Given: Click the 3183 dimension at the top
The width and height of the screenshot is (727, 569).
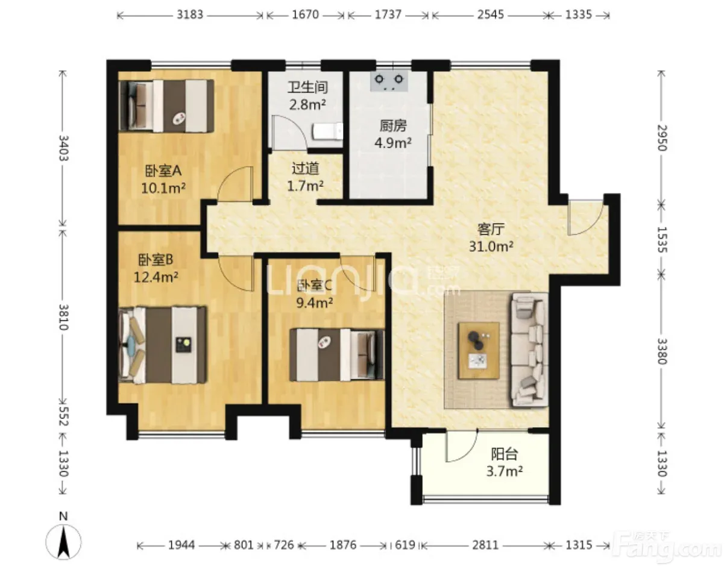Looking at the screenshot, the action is click(x=190, y=14).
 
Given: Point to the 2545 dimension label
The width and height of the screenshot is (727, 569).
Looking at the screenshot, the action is click(x=490, y=14).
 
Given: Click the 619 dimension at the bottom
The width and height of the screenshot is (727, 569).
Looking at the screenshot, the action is click(x=405, y=545).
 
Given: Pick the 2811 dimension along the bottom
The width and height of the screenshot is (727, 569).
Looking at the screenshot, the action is click(x=485, y=545).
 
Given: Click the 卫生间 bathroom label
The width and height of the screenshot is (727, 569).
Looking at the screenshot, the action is click(x=307, y=87).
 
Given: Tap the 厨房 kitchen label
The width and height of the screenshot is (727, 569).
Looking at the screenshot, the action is click(x=393, y=126).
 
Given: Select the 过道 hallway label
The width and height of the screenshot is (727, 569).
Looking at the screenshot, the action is click(x=305, y=169).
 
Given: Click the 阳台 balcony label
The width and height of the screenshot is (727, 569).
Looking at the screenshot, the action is click(x=505, y=454).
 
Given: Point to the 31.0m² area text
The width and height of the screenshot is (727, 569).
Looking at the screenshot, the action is click(x=491, y=247).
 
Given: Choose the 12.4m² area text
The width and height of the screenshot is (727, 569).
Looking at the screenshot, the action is click(x=156, y=277).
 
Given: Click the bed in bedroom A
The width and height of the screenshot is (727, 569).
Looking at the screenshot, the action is click(x=166, y=106).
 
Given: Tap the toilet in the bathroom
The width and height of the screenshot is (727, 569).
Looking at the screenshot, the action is click(x=328, y=131).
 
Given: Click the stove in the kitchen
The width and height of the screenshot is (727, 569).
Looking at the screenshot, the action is click(x=389, y=81).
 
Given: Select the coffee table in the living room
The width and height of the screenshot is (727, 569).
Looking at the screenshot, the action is click(x=479, y=351).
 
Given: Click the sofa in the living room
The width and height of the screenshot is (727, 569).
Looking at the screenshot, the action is click(x=529, y=350).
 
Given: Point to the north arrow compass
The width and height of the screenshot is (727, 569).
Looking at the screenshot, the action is click(x=63, y=542).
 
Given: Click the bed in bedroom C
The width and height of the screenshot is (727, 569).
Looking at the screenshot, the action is click(x=337, y=355).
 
